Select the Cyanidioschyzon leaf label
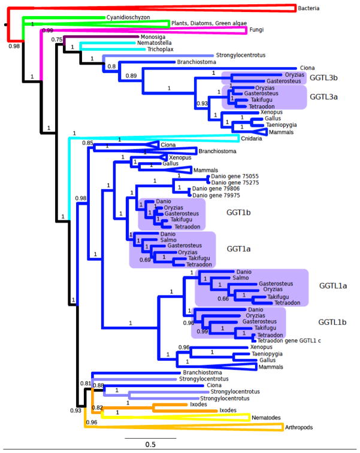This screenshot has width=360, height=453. pos(125,18)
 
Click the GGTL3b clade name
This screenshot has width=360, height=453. pos(324,77)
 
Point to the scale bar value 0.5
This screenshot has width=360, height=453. pos(150,445)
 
